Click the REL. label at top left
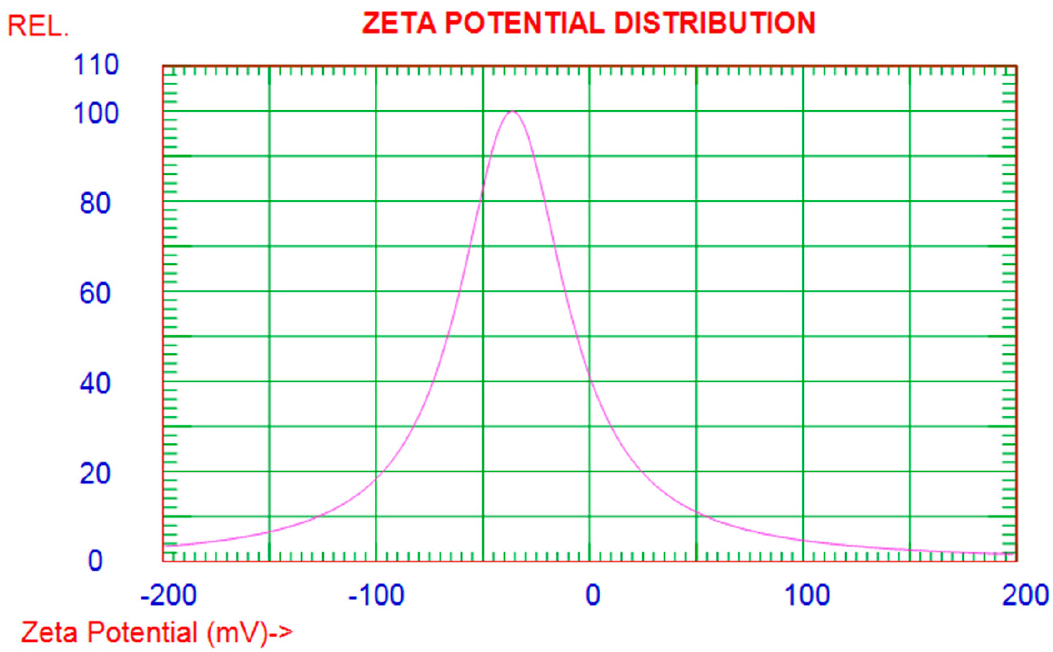[x=38, y=27]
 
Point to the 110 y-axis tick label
[x=96, y=66]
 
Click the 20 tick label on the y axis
[x=95, y=473]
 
